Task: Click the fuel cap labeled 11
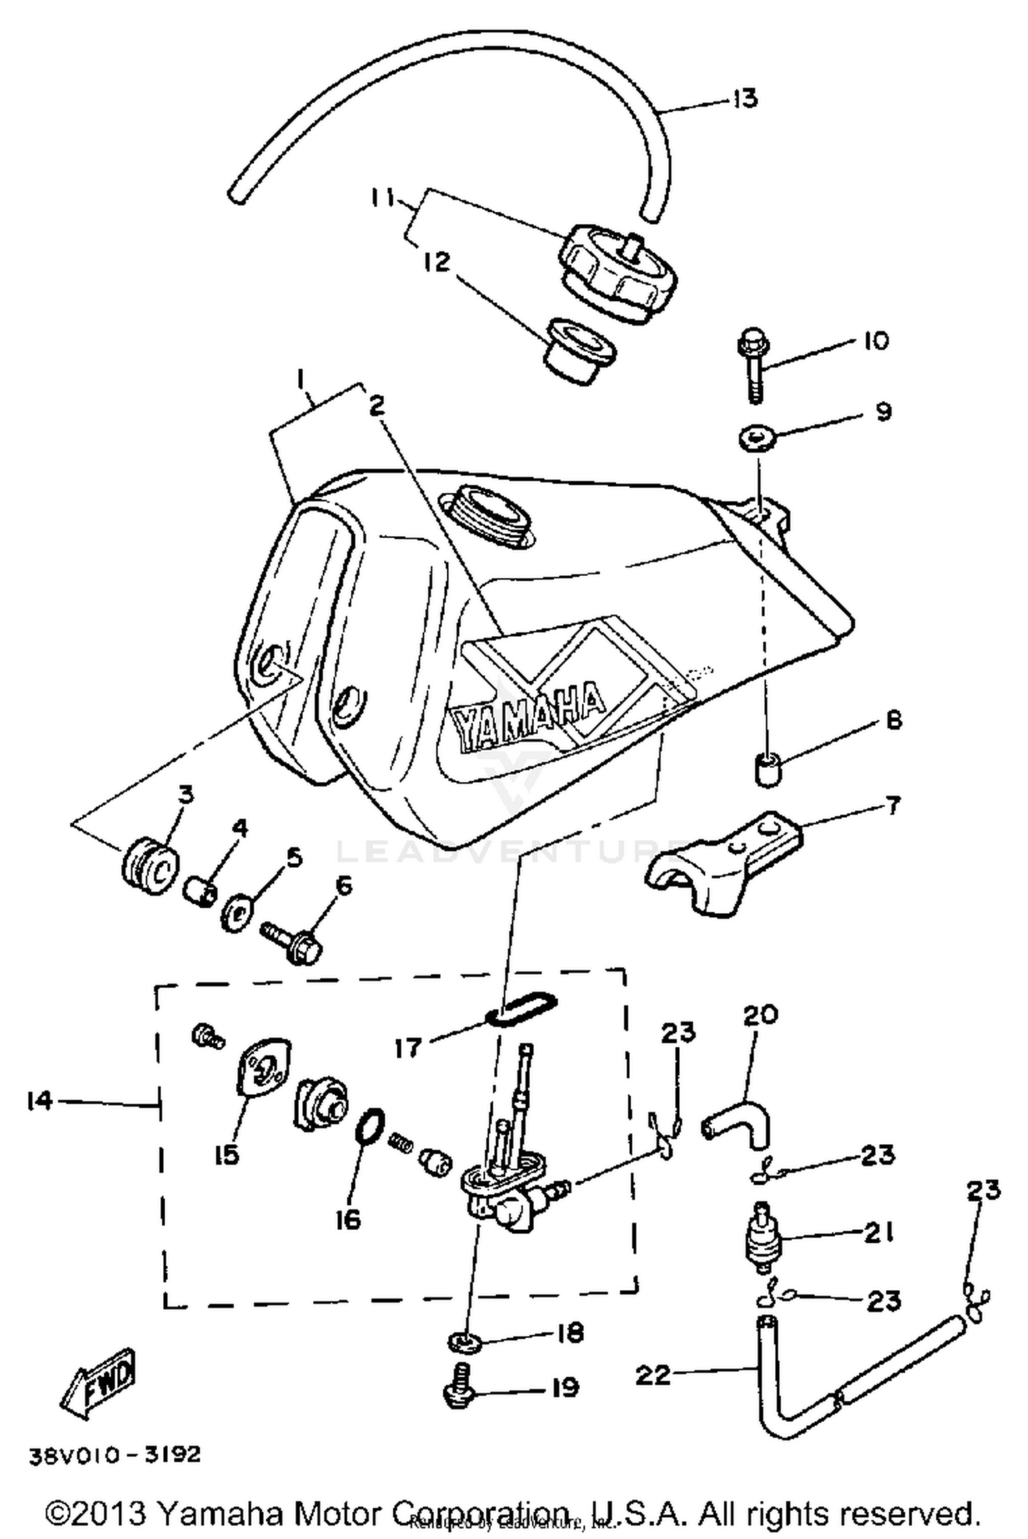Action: coord(616,271)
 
